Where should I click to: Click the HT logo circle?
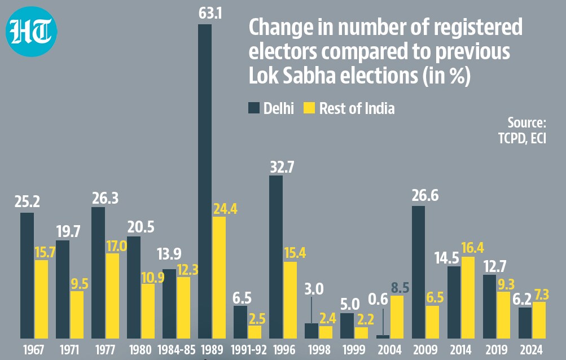(x=32, y=32)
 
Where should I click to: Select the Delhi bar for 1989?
(x=205, y=181)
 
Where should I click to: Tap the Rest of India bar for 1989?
(x=219, y=277)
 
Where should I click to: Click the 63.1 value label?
(x=210, y=13)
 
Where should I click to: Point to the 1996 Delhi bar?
(x=276, y=257)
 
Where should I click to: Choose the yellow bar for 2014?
(x=468, y=297)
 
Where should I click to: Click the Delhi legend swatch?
(x=254, y=108)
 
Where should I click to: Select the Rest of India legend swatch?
(x=309, y=108)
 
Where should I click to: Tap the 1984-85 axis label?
(x=176, y=349)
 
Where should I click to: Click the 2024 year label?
(x=532, y=349)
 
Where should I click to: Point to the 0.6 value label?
(x=378, y=299)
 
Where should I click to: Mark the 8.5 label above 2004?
(x=400, y=288)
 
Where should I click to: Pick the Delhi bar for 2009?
(x=418, y=272)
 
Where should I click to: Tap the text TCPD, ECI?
(x=522, y=138)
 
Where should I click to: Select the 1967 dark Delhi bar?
(x=27, y=275)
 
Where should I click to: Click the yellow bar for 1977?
(x=112, y=296)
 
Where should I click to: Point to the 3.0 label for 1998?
(x=314, y=289)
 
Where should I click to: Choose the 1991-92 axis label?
(x=249, y=349)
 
